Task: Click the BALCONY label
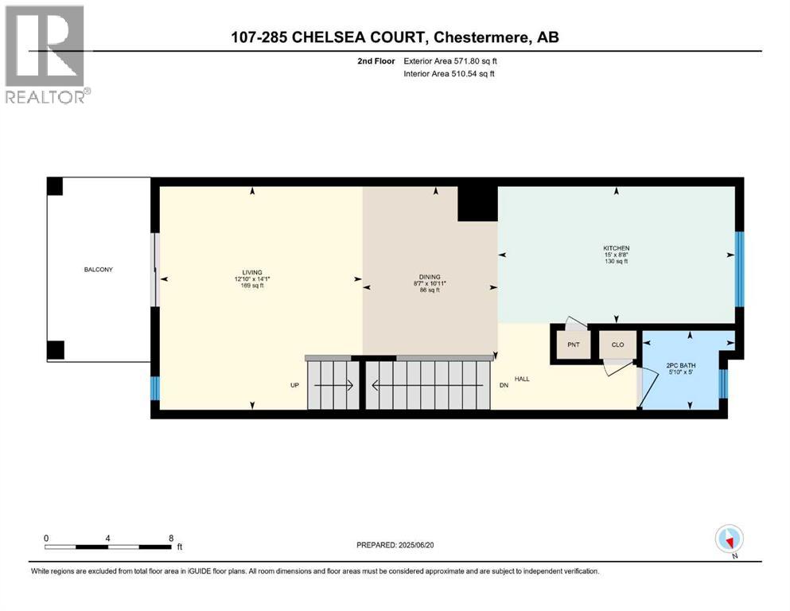[x=99, y=270]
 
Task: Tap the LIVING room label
[x=253, y=272]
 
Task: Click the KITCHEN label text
[x=616, y=248]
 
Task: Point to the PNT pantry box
[x=572, y=345]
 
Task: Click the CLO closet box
[x=617, y=345]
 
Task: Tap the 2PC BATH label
[x=681, y=366]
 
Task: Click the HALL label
[x=522, y=379]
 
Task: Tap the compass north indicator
[x=729, y=539]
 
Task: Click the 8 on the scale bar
[x=171, y=538]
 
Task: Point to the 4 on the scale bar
[x=108, y=538]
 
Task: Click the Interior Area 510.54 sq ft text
[x=449, y=74]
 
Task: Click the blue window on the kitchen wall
[x=739, y=269]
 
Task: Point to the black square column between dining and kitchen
[x=477, y=203]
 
